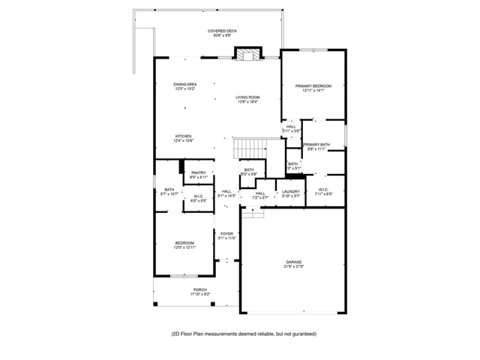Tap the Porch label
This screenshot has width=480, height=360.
pyautogui.click(x=199, y=291)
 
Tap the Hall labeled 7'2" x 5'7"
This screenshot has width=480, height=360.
pyautogui.click(x=260, y=194)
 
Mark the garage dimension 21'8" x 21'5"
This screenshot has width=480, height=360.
pyautogui.click(x=293, y=267)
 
